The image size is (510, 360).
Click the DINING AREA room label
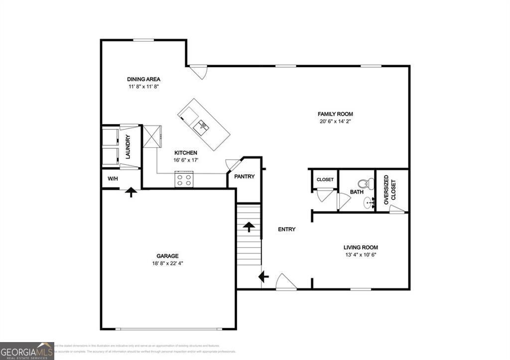click(x=143, y=79)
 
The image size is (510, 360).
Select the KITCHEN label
click(x=185, y=153)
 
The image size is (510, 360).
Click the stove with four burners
click(x=183, y=179)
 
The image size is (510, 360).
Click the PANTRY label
click(x=245, y=176)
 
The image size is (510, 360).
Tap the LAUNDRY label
click(x=127, y=147)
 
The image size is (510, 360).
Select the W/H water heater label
click(x=113, y=179)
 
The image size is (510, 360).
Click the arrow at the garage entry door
click(x=130, y=192)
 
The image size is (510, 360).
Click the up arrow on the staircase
click(x=249, y=227)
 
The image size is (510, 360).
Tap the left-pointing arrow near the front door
click(x=263, y=276)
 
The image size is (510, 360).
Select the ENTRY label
click(x=286, y=230)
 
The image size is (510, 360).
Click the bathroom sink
click(x=369, y=202)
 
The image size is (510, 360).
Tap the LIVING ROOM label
click(x=361, y=247)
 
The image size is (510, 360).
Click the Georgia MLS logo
click(x=27, y=351)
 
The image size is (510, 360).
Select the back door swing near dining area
click(x=199, y=72)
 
